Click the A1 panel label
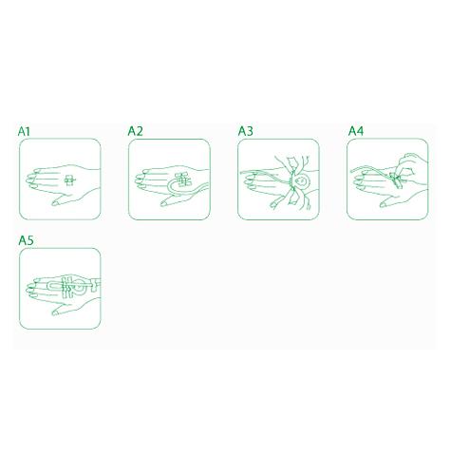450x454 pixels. [24, 131]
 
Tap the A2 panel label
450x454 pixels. [135, 131]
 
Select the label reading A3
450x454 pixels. [245, 131]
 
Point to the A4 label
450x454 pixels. [356, 131]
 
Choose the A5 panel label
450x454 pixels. [26, 240]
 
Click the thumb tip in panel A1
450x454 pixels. [54, 203]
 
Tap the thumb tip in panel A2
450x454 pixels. [163, 203]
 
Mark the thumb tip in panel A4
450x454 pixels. [383, 205]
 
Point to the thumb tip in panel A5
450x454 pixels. [54, 312]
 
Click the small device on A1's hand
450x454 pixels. [69, 180]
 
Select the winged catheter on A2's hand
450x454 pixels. [183, 180]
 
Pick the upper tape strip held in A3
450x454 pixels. [293, 165]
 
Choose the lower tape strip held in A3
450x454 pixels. [292, 198]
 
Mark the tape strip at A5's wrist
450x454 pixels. [96, 284]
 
